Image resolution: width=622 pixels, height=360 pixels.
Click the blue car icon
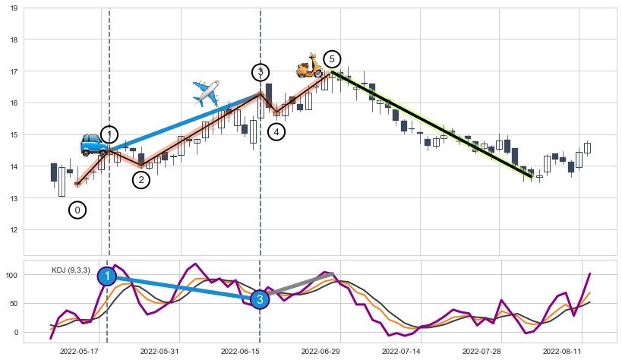coord(95,144)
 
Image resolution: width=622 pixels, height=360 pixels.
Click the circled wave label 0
coord(77,210)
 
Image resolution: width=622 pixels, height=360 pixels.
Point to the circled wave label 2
coord(141,180)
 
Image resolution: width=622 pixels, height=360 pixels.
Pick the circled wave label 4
coord(276,132)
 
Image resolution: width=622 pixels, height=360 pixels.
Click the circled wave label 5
coord(331,59)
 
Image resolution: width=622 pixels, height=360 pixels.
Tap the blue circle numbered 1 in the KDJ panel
coord(107,276)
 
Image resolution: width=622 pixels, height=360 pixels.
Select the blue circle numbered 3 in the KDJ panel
coord(260,299)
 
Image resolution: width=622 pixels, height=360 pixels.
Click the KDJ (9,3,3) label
coord(71,270)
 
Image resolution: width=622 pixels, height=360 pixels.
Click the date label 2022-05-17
coord(79,351)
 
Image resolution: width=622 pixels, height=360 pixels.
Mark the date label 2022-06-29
coord(320,351)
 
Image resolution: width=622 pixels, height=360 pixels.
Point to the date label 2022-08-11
coord(562,351)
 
